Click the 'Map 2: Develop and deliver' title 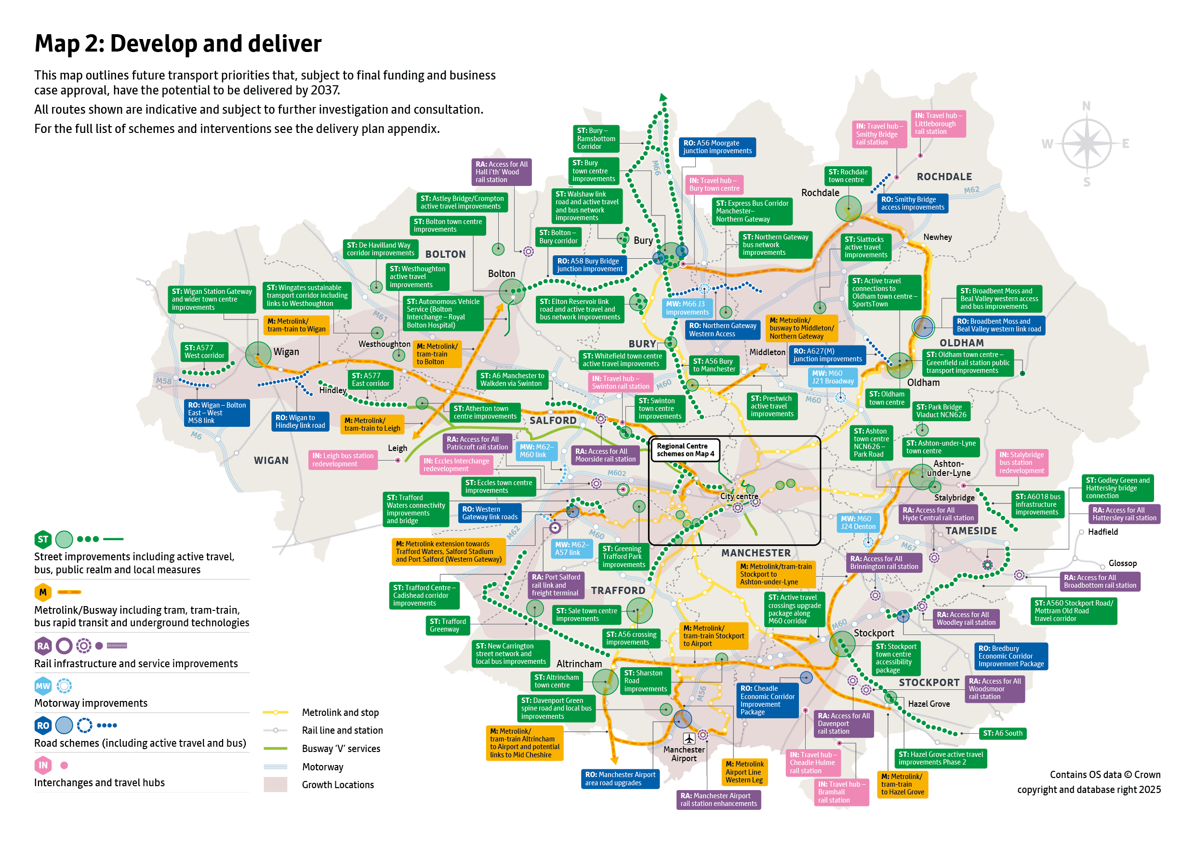click(178, 44)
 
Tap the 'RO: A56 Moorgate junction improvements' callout click(717, 147)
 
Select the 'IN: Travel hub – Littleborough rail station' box click(938, 124)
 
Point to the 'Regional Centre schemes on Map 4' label click(685, 450)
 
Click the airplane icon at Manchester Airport click(689, 739)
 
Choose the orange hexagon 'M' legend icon click(43, 592)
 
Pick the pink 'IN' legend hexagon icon click(43, 765)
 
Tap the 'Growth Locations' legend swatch click(275, 785)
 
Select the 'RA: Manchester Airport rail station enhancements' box click(718, 800)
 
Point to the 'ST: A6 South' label click(1002, 733)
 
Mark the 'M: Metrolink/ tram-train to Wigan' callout click(296, 325)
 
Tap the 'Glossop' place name click(1122, 563)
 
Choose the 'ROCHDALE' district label click(944, 177)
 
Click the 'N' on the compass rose click(1086, 106)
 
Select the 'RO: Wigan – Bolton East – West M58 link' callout click(216, 412)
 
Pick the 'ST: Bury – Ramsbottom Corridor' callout click(596, 138)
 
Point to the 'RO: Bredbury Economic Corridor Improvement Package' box click(1011, 656)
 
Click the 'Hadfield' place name click(1102, 532)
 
